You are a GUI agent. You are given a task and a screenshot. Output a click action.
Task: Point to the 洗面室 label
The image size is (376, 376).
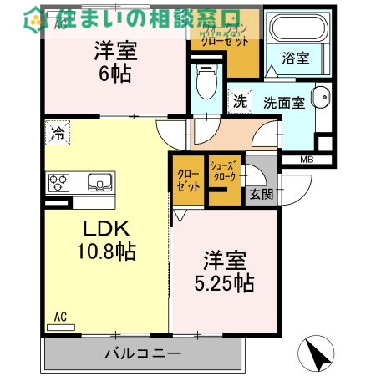pos(284,102)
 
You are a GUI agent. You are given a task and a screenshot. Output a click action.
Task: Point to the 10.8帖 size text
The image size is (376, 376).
pos(108,251)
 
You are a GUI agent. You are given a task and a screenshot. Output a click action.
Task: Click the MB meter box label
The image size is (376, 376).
pos(307,160)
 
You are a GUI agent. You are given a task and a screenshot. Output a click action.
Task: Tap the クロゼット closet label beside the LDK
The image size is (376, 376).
pos(188,180)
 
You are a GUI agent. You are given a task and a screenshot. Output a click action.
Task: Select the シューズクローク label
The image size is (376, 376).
pos(225,171)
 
